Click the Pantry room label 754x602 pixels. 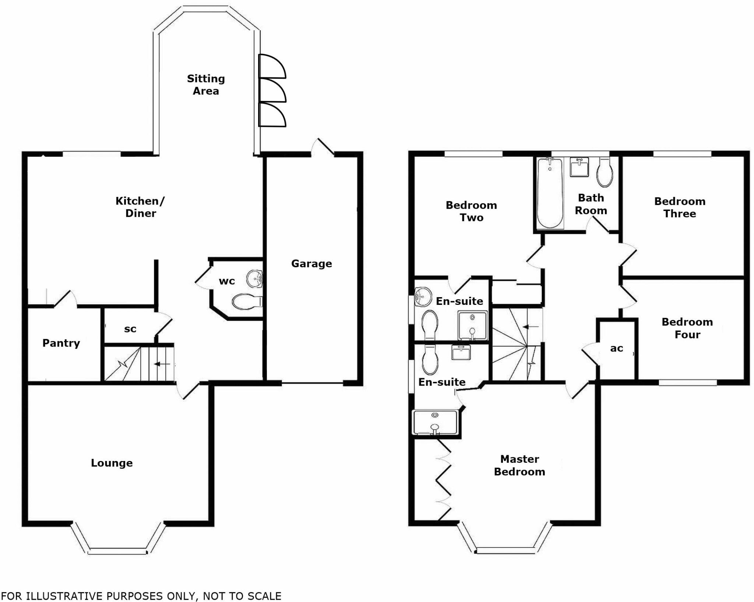[61, 343]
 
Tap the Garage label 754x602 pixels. [311, 264]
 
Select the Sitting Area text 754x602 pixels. [206, 85]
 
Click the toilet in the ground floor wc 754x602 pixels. [246, 302]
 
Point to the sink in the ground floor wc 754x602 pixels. [254, 279]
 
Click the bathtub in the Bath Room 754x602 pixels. [550, 193]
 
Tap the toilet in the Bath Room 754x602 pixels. [605, 173]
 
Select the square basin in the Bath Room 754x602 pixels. [579, 167]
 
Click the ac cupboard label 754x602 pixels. [617, 348]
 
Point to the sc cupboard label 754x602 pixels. [130, 329]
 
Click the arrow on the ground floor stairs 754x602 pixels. [162, 364]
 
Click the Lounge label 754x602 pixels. [112, 463]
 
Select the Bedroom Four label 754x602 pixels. [687, 328]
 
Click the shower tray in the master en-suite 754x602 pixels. [435, 422]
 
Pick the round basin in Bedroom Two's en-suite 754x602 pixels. [423, 297]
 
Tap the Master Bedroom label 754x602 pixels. [519, 465]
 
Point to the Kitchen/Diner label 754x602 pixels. [140, 207]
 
